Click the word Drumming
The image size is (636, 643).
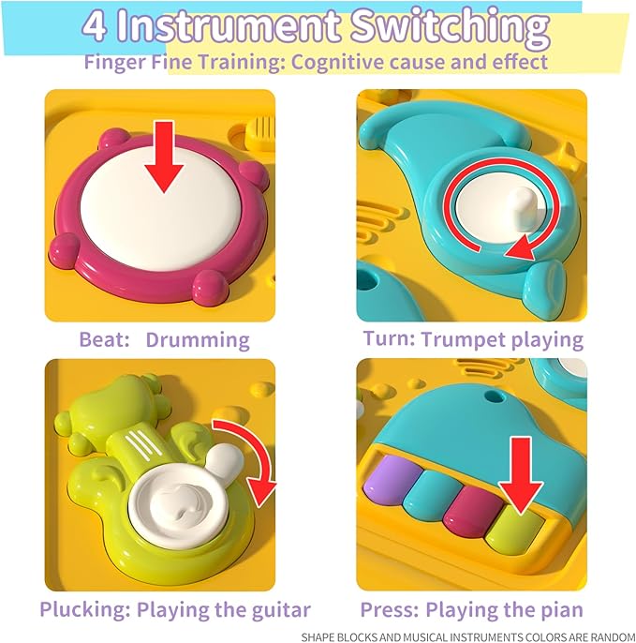[198, 339]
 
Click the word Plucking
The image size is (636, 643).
[84, 610]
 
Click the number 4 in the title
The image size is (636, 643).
[96, 27]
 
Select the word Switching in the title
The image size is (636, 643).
[451, 28]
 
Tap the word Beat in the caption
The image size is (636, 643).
[103, 339]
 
